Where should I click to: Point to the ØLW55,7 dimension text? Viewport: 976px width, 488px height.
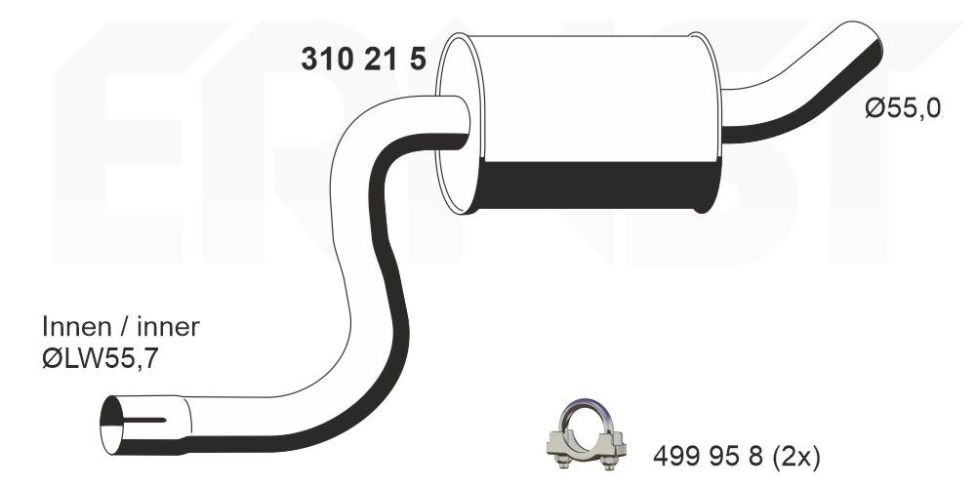point(100,359)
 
